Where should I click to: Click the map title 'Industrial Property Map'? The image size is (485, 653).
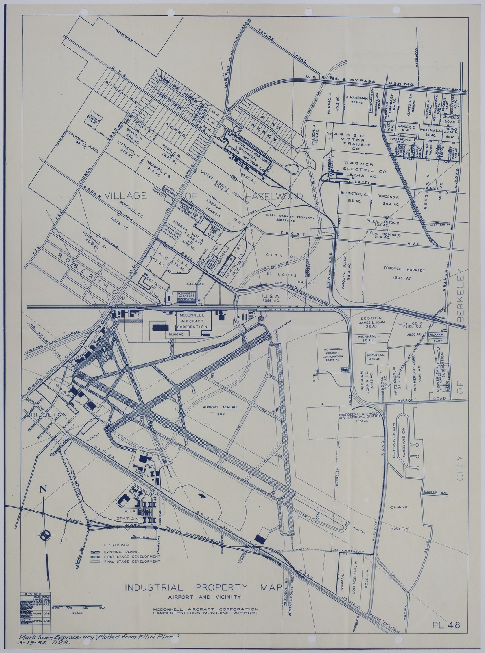click(x=203, y=587)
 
